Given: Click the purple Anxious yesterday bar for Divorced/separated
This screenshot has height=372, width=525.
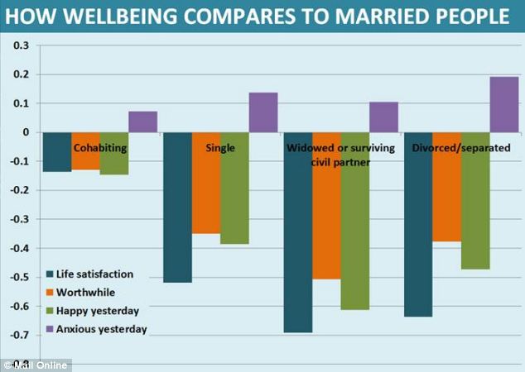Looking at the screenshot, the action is [x=504, y=105].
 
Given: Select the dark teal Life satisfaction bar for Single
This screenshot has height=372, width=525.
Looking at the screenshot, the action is [x=177, y=207].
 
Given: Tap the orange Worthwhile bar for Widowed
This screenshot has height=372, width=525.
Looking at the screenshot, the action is [x=327, y=206].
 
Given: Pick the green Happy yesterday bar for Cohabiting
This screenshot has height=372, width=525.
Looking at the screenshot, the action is [x=114, y=154].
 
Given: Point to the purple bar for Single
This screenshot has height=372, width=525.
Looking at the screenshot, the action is [x=263, y=112].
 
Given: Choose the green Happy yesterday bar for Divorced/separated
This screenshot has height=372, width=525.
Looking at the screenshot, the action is [x=475, y=201].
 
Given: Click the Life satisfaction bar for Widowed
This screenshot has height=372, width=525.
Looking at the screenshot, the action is [x=298, y=232].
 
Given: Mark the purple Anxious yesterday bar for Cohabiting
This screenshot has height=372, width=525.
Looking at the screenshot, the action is [x=143, y=122].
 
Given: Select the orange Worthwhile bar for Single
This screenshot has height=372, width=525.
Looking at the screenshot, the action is [x=206, y=183].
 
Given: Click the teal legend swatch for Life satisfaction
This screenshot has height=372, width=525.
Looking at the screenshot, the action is [x=50, y=274].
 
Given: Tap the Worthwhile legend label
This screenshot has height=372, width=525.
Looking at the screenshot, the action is [x=86, y=293].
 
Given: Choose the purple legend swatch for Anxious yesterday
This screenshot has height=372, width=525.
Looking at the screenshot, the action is [x=50, y=329].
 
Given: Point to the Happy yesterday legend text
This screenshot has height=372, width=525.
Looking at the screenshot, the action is [x=98, y=311].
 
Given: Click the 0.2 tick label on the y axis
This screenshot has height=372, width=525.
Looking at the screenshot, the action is [x=22, y=74].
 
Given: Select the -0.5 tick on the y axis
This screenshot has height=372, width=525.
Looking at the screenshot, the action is [x=19, y=277].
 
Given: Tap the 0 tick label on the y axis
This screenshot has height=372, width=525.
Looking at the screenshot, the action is [x=26, y=132].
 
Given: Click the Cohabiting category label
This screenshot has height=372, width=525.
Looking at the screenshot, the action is [x=100, y=148].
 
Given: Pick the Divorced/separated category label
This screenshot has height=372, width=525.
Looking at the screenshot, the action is [x=461, y=148].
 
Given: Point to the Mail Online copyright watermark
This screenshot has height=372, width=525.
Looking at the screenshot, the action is [x=36, y=365].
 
